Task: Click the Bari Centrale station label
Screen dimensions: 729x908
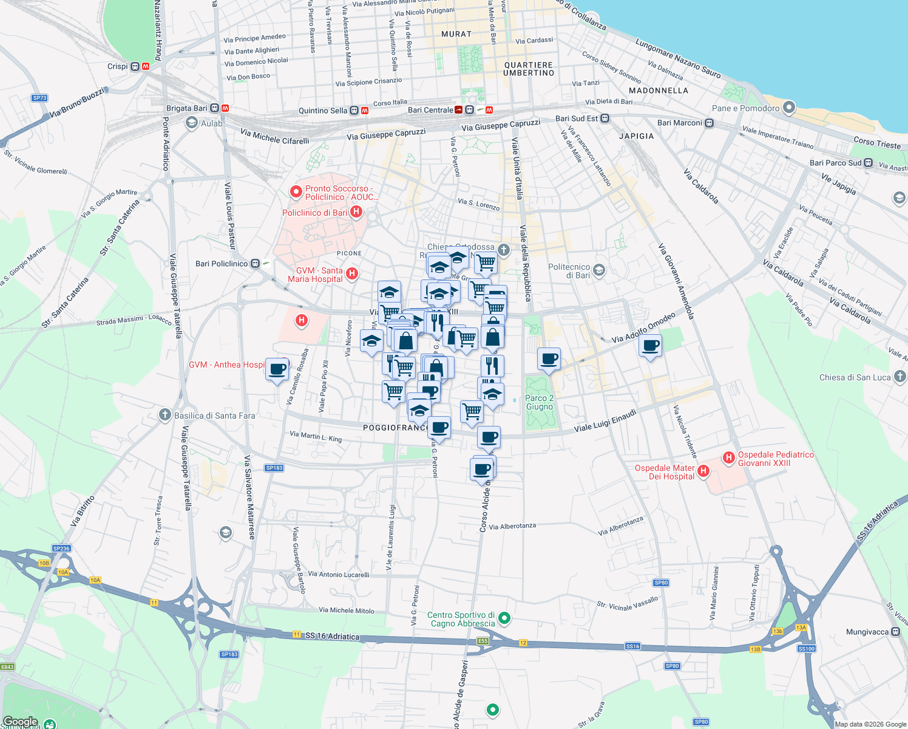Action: click(x=430, y=110)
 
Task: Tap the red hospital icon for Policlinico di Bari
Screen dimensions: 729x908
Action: click(x=356, y=212)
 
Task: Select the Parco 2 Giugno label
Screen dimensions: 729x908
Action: click(x=540, y=402)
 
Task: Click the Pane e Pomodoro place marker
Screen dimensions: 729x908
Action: click(x=788, y=108)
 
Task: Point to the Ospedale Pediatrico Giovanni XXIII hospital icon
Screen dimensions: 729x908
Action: click(x=729, y=458)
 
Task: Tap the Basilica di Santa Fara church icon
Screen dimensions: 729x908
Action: click(x=164, y=415)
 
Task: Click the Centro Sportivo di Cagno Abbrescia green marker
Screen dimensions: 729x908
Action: click(x=504, y=619)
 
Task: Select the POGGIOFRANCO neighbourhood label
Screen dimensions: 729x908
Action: click(x=396, y=428)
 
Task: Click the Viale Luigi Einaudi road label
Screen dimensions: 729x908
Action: click(x=605, y=420)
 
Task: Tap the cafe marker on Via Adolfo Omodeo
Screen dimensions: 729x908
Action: click(x=651, y=347)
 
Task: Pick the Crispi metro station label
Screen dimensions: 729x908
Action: click(x=118, y=66)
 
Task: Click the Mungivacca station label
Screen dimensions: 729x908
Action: click(x=867, y=632)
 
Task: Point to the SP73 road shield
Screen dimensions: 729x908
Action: click(x=39, y=98)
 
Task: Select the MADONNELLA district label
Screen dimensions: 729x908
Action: click(x=659, y=91)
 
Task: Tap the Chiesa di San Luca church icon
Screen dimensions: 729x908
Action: click(x=900, y=377)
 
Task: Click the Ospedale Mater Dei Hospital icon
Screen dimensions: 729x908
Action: click(x=703, y=471)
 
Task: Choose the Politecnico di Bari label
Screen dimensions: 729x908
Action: click(x=569, y=271)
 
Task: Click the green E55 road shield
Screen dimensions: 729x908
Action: click(x=483, y=641)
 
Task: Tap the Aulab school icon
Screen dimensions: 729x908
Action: click(x=192, y=123)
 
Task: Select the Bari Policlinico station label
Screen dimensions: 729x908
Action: click(x=222, y=264)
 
